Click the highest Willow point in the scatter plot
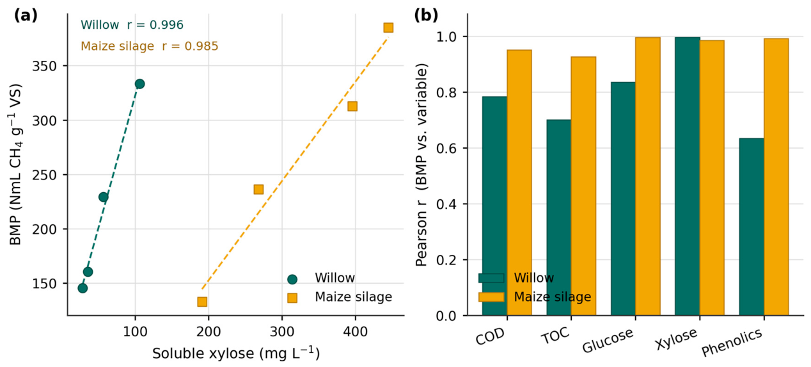(140, 84)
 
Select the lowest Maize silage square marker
(202, 302)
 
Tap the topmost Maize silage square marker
(388, 28)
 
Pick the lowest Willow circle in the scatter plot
(83, 288)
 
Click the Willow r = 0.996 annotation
(132, 25)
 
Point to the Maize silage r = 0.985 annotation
(149, 46)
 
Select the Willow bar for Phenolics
(752, 227)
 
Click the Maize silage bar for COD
(519, 183)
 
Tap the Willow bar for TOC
(558, 217)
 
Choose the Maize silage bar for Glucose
(648, 176)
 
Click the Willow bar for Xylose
(687, 176)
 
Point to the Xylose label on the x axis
(676, 339)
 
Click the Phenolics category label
(732, 342)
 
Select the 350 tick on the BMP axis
(44, 66)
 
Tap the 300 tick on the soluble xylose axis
(281, 332)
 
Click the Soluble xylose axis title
(236, 353)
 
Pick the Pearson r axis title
(421, 165)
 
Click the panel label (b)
(426, 15)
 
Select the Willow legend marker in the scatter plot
(292, 279)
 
